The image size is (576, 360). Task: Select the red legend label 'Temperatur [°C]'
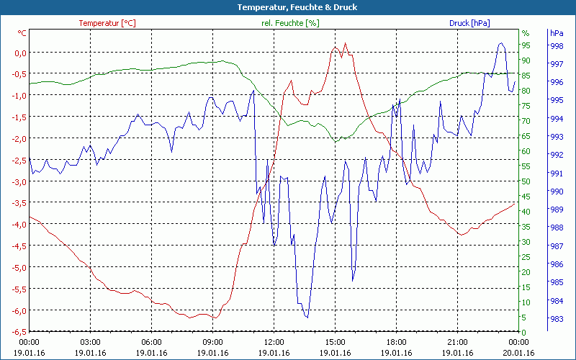[107, 23]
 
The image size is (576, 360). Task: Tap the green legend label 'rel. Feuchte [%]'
[290, 23]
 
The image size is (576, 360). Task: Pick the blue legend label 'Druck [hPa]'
[469, 23]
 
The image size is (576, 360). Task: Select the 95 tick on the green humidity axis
[526, 45]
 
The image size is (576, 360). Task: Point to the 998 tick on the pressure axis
[556, 46]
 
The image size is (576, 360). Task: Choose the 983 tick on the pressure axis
[556, 319]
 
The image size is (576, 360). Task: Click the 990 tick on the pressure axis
[556, 192]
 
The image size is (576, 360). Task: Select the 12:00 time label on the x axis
[274, 343]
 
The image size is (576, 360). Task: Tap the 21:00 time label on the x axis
[457, 343]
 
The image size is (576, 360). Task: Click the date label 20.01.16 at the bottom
[518, 353]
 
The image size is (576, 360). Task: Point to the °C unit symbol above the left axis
[22, 33]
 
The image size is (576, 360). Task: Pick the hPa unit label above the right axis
[556, 33]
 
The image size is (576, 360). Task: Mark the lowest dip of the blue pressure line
[307, 317]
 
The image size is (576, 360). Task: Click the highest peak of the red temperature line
[346, 43]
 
